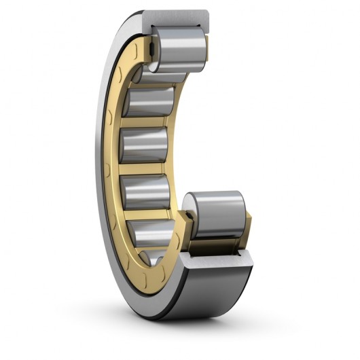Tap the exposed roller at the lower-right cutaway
point(216,213)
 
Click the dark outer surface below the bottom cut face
point(217,285)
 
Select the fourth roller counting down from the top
point(143,145)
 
